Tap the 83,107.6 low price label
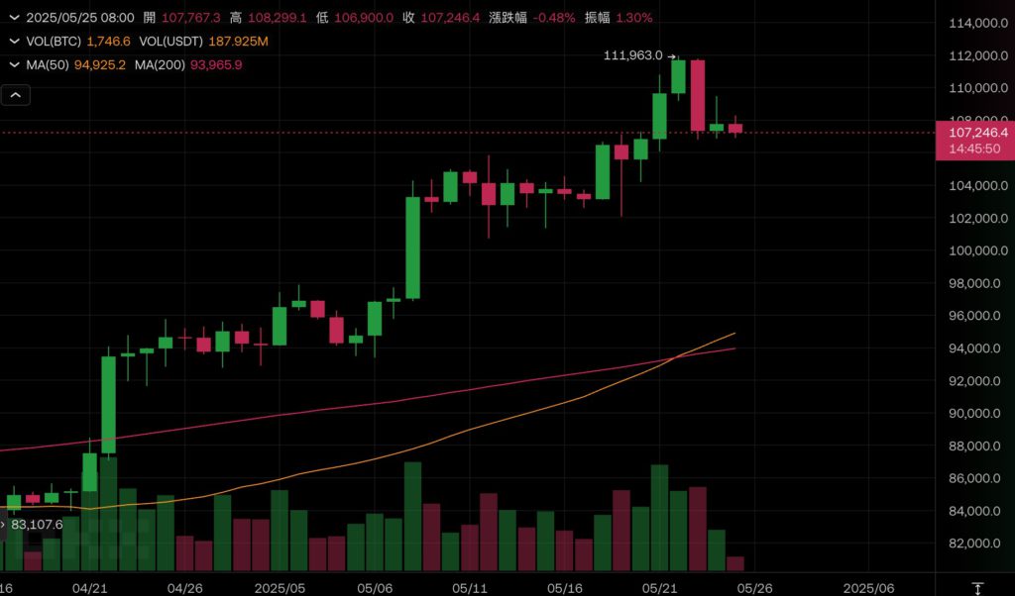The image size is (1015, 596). (x=37, y=525)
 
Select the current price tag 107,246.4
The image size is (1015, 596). (x=977, y=132)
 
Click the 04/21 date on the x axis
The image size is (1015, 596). (x=90, y=588)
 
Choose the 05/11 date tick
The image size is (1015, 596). (x=469, y=588)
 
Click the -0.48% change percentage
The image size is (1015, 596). (x=553, y=18)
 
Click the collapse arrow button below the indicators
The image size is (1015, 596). (x=17, y=95)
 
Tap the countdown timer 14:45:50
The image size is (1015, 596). (x=974, y=149)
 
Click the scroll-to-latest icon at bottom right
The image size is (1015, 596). (x=978, y=588)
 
